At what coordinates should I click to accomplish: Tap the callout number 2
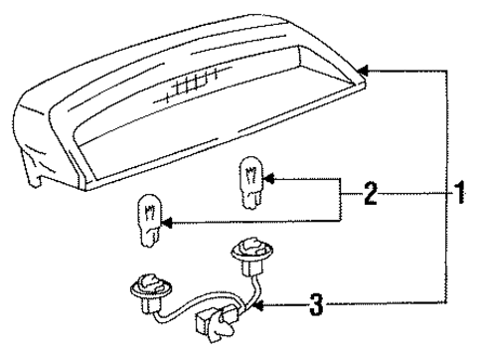pyautogui.click(x=371, y=195)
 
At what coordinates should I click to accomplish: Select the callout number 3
pyautogui.click(x=316, y=304)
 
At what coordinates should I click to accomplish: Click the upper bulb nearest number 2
pyautogui.click(x=248, y=181)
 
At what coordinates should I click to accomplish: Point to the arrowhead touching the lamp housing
pyautogui.click(x=362, y=70)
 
